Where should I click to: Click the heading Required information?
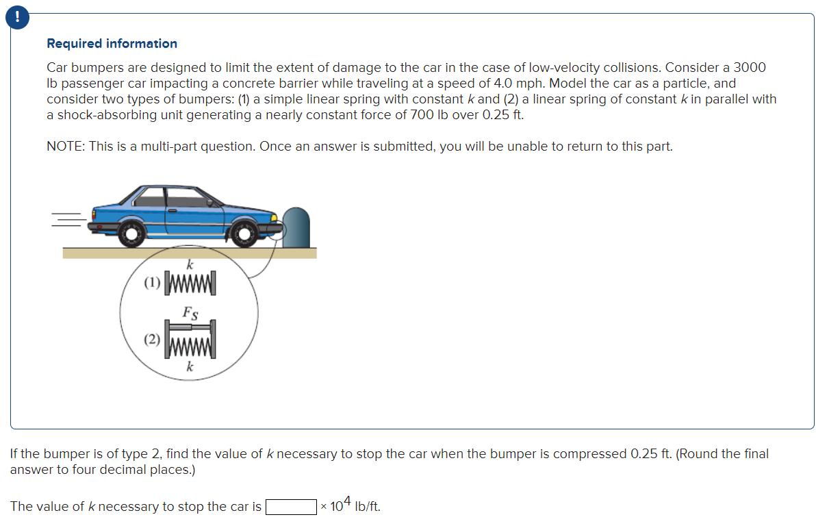(112, 43)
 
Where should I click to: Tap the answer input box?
(290, 507)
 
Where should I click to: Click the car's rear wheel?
(129, 234)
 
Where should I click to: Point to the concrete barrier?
(296, 227)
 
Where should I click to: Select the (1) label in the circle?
(153, 282)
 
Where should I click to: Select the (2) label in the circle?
(153, 338)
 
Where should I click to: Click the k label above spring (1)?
(190, 264)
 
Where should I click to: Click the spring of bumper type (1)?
(192, 282)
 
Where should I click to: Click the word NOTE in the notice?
(64, 146)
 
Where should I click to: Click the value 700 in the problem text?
(423, 115)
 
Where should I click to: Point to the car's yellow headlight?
(275, 218)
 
